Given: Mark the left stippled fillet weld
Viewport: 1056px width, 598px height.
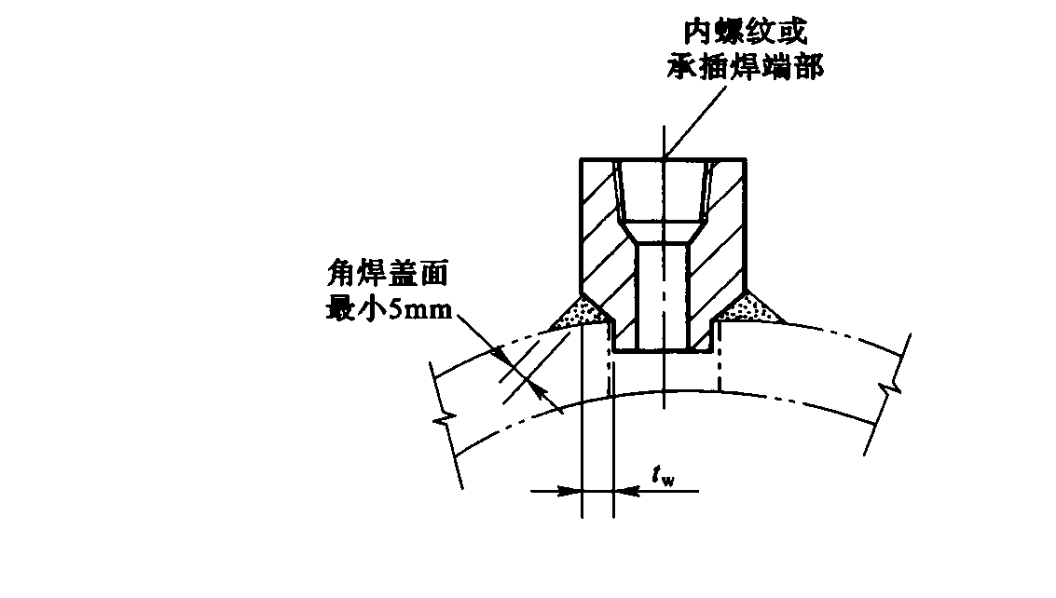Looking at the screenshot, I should tap(579, 315).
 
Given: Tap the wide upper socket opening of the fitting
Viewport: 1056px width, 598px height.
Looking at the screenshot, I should tap(663, 191).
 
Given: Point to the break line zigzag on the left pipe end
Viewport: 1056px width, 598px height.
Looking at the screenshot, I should tap(445, 420).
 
